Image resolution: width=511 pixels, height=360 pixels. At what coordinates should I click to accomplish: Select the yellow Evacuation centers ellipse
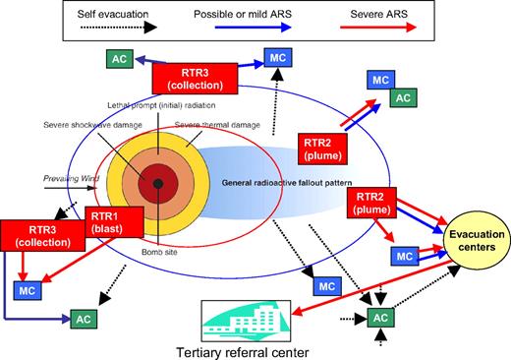470,240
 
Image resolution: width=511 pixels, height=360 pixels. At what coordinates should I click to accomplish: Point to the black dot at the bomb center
157,184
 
